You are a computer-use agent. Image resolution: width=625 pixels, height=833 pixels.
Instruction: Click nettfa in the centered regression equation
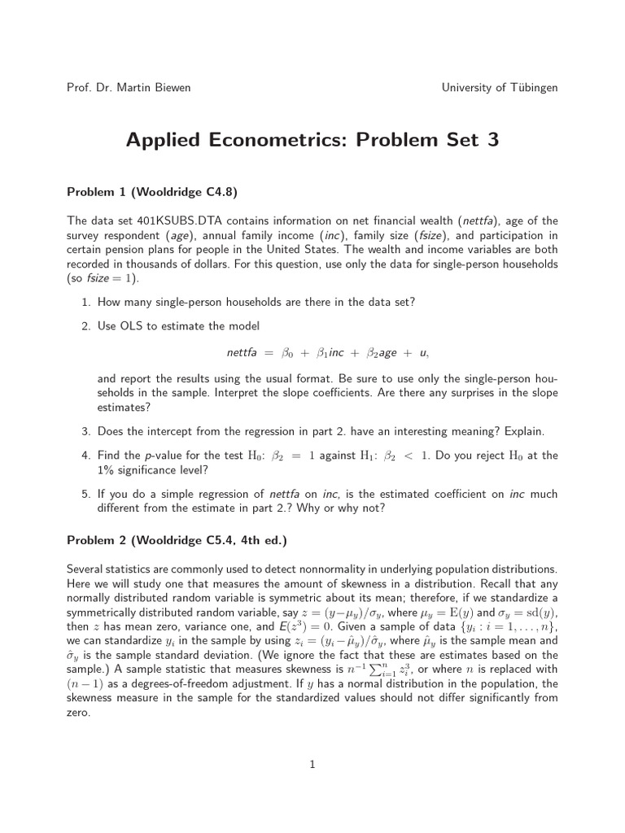tap(241, 353)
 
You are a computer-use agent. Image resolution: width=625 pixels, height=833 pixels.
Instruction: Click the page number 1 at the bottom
tap(312, 764)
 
